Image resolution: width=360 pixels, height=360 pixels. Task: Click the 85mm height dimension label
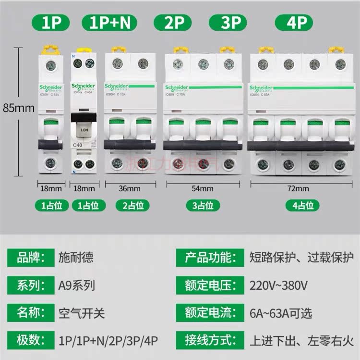19,108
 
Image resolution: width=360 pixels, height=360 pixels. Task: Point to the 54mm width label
202,188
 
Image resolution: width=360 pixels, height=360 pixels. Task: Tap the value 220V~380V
278,286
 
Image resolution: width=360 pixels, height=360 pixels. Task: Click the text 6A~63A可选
281,314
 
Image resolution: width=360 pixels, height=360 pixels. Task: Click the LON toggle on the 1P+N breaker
83,130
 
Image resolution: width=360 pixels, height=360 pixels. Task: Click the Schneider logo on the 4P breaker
261,88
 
